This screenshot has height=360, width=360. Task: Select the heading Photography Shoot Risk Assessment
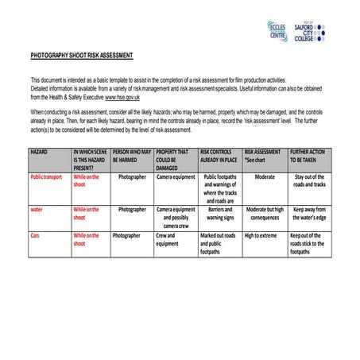click(x=82, y=56)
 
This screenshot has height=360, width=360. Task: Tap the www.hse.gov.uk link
click(x=122, y=96)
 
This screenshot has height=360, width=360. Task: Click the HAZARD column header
click(x=40, y=151)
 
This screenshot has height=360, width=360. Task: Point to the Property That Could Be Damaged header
click(x=172, y=159)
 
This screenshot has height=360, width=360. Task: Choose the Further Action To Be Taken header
click(x=307, y=155)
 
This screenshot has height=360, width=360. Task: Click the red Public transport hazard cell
click(x=46, y=177)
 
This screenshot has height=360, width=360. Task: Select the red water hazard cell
click(x=37, y=210)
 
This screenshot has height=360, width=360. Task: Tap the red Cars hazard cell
click(x=35, y=236)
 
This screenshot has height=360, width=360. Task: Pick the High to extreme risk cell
click(x=261, y=236)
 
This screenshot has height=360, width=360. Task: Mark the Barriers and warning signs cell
click(x=219, y=213)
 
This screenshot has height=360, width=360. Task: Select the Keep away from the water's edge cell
click(x=309, y=213)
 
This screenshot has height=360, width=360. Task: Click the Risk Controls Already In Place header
click(x=219, y=155)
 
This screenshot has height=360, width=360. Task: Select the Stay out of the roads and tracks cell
click(x=309, y=180)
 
